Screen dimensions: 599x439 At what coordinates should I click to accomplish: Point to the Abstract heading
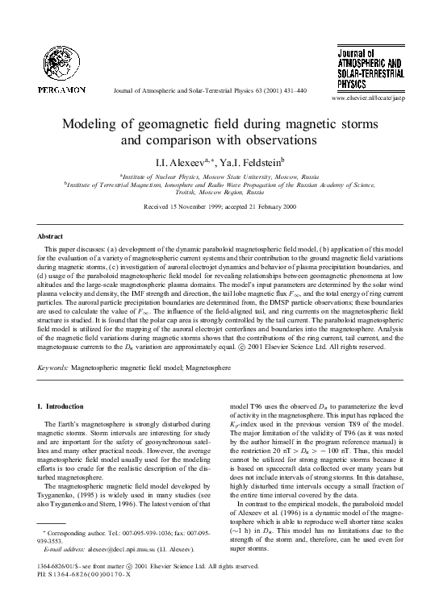[52, 236]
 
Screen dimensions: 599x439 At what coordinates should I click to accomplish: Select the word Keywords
[53, 367]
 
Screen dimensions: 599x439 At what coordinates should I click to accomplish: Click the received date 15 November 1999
[189, 206]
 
